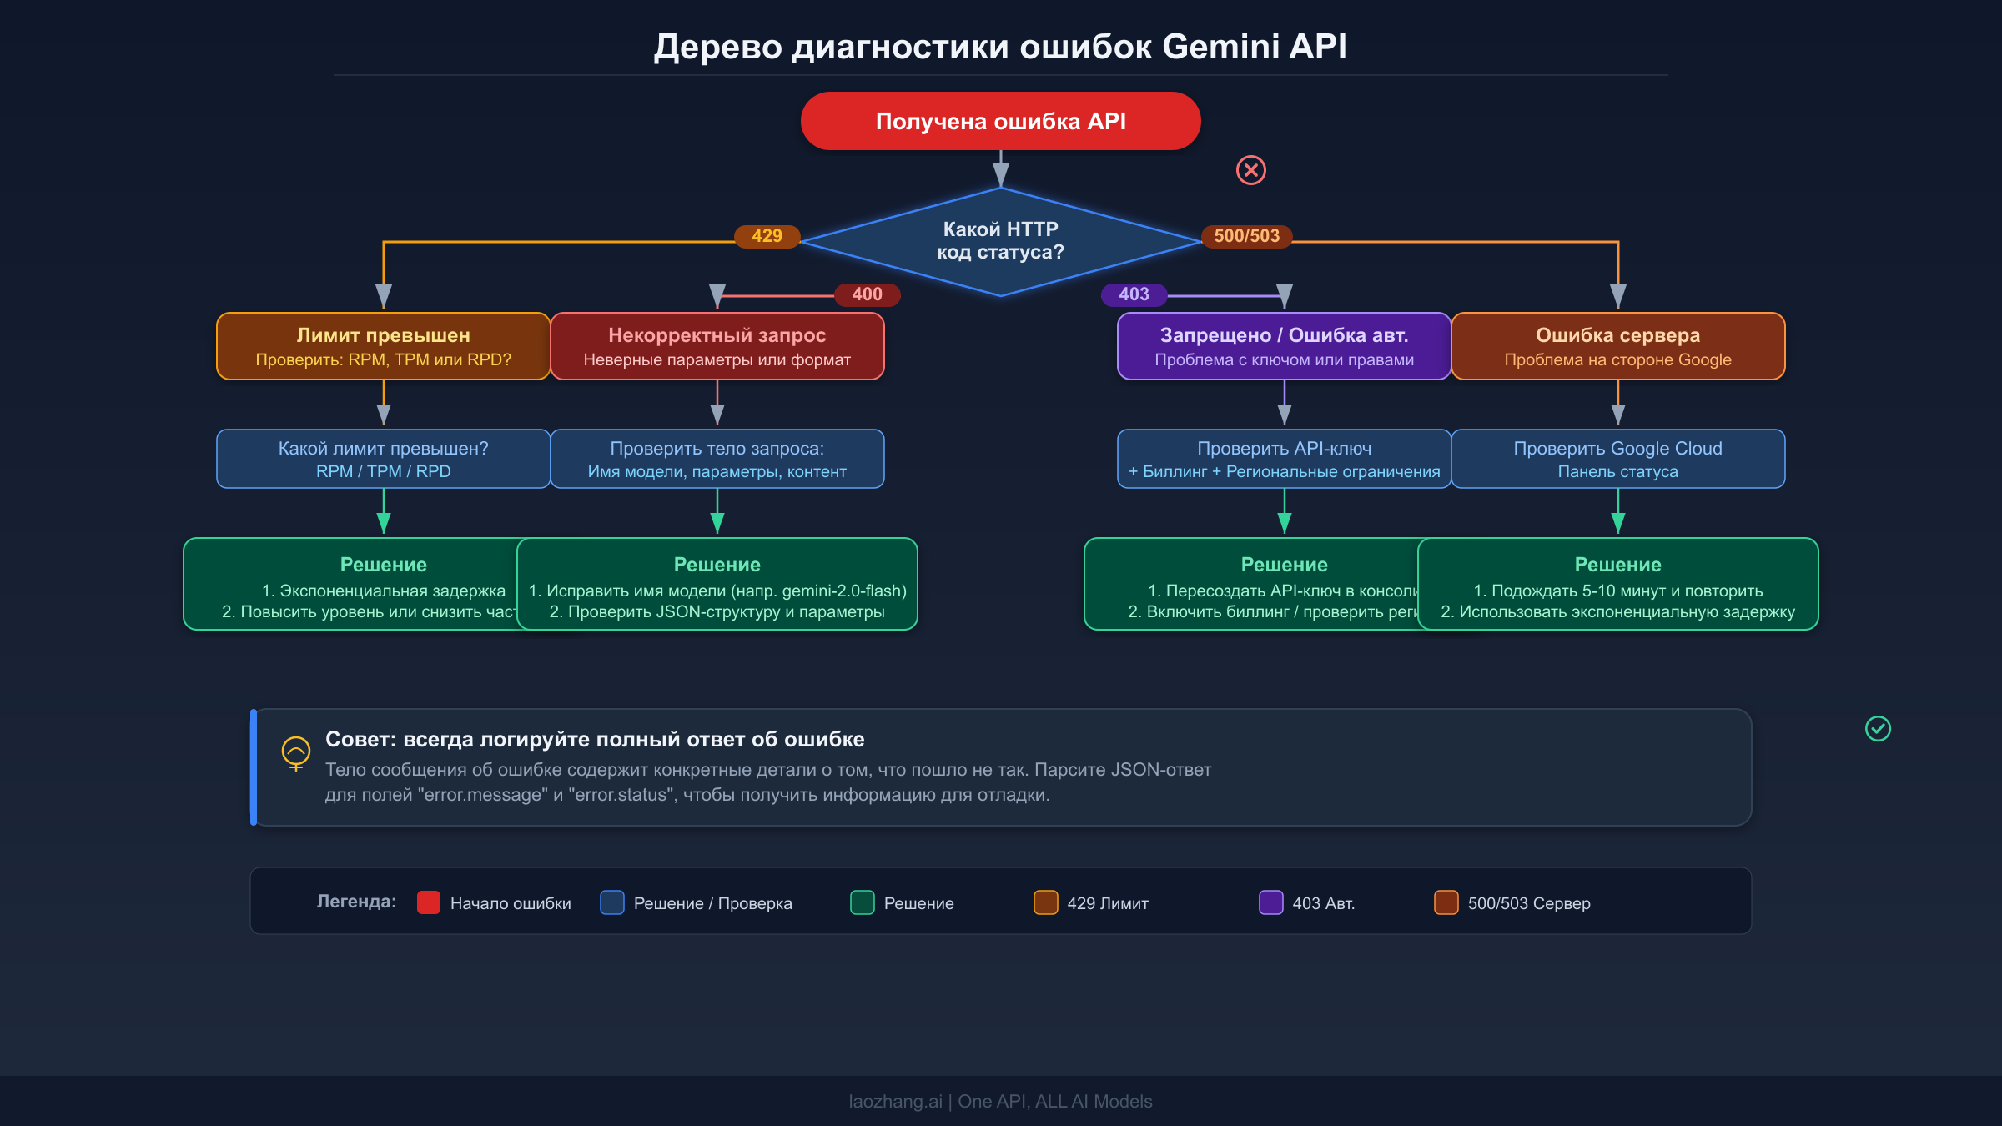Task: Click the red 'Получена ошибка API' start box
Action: point(1000,121)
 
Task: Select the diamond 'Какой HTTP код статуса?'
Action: point(1000,241)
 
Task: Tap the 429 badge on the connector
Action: point(767,236)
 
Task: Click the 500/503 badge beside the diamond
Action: point(1246,236)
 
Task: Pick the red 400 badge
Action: point(867,294)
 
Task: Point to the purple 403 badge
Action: point(1134,294)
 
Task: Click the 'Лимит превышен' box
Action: point(383,346)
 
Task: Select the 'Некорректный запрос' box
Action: point(717,346)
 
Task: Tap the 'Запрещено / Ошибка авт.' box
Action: point(1284,346)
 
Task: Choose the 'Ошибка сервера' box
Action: point(1617,346)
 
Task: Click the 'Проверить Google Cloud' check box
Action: point(1617,459)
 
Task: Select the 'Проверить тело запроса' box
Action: point(717,459)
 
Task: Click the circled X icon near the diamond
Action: point(1250,170)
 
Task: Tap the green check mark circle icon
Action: point(1878,729)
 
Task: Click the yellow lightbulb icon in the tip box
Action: point(296,752)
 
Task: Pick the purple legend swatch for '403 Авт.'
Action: point(1270,902)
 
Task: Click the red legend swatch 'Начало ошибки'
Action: point(429,902)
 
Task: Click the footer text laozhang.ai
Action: point(895,1101)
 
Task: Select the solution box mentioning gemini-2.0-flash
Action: point(717,584)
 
